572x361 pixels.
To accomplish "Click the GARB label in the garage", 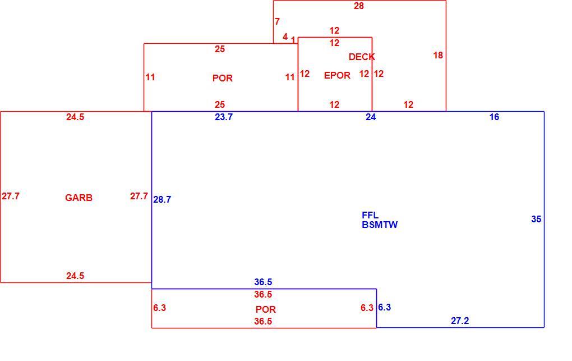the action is pyautogui.click(x=79, y=198).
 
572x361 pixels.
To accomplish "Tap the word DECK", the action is pyautogui.click(x=362, y=57).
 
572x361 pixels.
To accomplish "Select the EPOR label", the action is pyautogui.click(x=337, y=75).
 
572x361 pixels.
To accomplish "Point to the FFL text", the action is pyautogui.click(x=370, y=215).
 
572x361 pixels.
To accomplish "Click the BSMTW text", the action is pyautogui.click(x=380, y=225).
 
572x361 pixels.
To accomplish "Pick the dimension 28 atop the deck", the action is pyautogui.click(x=358, y=6).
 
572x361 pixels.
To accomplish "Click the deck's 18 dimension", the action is pyautogui.click(x=438, y=55).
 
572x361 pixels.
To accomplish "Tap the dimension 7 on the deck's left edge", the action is pyautogui.click(x=277, y=21).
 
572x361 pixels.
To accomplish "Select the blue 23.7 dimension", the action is pyautogui.click(x=224, y=117).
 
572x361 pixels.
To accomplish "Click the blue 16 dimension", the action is pyautogui.click(x=494, y=117).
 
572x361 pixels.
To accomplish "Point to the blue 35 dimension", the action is pyautogui.click(x=536, y=219).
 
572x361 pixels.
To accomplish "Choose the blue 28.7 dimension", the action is pyautogui.click(x=162, y=199).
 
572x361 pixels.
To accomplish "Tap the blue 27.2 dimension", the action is pyautogui.click(x=460, y=321).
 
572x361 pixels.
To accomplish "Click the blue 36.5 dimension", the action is pyautogui.click(x=263, y=282).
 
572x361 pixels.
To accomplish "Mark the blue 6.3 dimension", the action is pyautogui.click(x=384, y=307).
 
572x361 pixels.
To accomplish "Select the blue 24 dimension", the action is pyautogui.click(x=371, y=117).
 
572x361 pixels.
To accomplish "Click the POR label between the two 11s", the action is pyautogui.click(x=223, y=78).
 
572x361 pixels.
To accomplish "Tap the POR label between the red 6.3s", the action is pyautogui.click(x=266, y=309).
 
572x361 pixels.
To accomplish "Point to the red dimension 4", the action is pyautogui.click(x=285, y=36).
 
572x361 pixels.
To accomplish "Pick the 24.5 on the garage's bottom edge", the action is pyautogui.click(x=75, y=276).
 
